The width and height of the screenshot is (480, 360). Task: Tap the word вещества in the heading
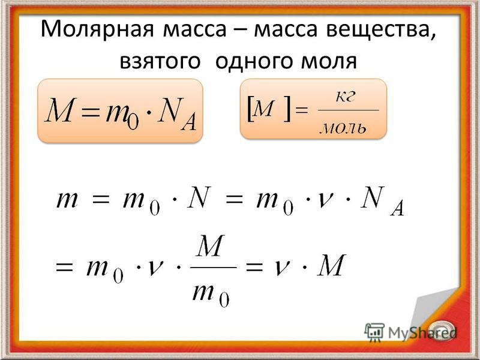[x=380, y=29]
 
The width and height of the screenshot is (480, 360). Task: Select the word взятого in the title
[x=160, y=62]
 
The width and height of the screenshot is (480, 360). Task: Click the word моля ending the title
[x=329, y=61]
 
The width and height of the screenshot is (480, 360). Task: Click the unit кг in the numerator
[x=346, y=97]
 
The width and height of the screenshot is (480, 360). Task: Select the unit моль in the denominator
[x=343, y=128]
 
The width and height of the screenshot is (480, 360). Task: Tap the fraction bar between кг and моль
[x=349, y=110]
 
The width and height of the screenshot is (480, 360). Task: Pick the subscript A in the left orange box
[x=188, y=122]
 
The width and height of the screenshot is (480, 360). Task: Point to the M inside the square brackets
[x=263, y=108]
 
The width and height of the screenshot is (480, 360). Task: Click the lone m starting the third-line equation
[x=67, y=200]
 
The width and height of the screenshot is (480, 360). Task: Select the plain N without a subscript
[x=199, y=197]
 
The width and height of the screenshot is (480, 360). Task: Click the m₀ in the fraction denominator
[x=211, y=295]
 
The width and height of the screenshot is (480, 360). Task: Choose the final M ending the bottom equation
[x=332, y=265]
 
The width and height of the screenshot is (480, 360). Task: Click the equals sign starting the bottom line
[x=64, y=268]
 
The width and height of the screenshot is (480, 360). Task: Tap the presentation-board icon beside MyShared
[x=374, y=332]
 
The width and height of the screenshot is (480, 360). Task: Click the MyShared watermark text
[x=422, y=332]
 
